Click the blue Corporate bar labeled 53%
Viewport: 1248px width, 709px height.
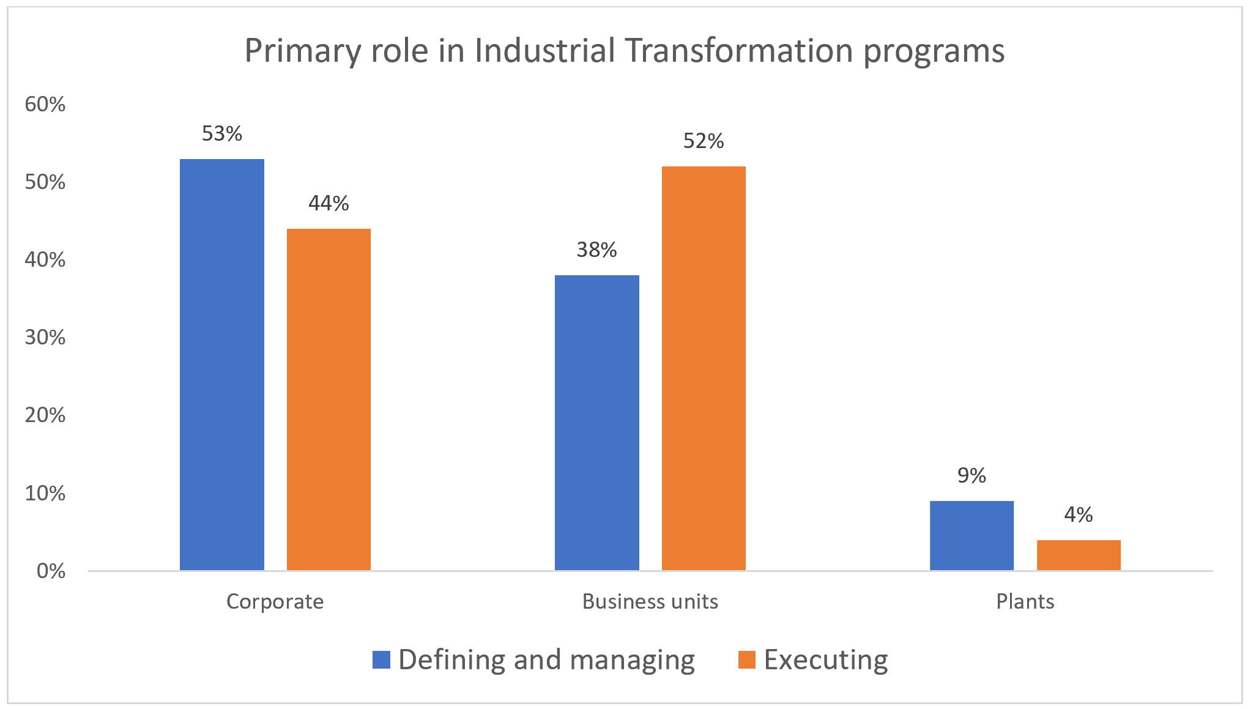point(221,365)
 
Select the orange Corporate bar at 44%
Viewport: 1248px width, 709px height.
point(329,399)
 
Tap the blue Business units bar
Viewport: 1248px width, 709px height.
point(596,423)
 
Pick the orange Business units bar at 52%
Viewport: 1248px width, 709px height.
point(704,368)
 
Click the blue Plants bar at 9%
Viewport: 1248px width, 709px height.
point(971,535)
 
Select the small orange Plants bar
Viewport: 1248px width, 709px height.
point(1079,555)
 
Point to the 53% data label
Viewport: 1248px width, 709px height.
point(221,133)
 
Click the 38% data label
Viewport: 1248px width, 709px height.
point(596,250)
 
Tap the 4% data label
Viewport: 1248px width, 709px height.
point(1078,514)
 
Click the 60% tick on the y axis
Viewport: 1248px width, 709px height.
point(45,104)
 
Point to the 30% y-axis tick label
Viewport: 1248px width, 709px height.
point(45,337)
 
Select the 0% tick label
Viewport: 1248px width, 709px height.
point(51,571)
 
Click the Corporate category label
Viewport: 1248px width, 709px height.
point(275,601)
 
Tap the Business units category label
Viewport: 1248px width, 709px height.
point(650,601)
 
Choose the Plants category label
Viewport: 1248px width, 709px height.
point(1025,601)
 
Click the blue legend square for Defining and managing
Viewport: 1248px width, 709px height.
point(381,659)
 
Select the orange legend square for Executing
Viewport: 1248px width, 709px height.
point(746,659)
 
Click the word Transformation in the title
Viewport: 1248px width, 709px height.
point(739,50)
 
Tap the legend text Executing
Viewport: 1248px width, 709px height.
point(826,659)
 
